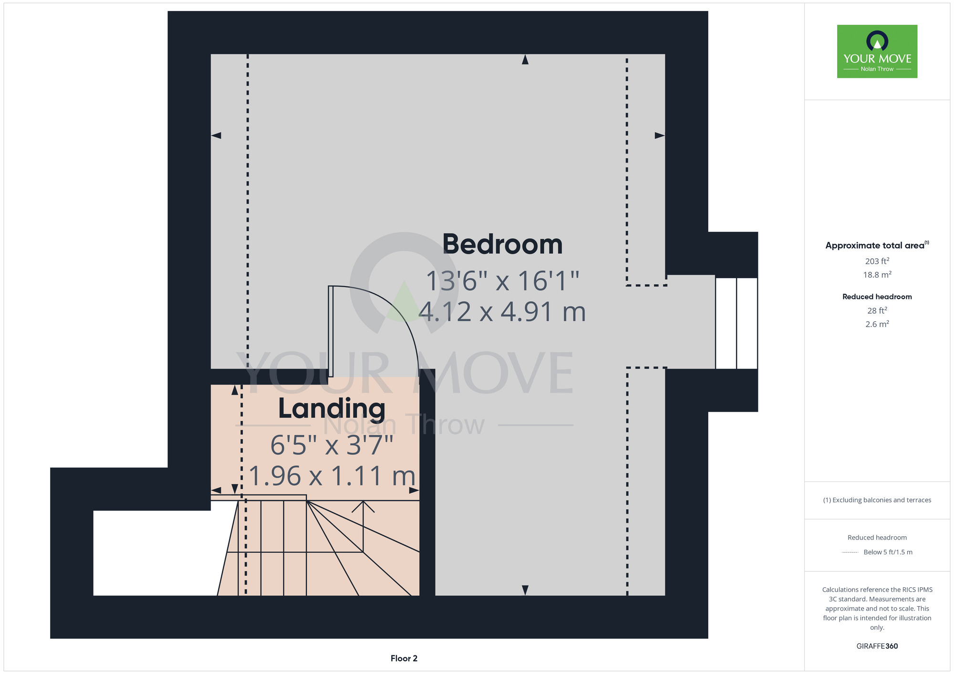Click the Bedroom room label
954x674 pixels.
(502, 245)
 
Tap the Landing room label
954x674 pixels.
(332, 408)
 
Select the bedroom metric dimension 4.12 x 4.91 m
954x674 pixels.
(502, 312)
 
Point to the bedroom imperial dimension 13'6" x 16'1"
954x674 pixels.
(502, 281)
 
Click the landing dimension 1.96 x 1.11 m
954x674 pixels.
(332, 476)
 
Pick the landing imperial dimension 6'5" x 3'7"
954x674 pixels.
(332, 445)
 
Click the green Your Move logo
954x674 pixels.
(877, 51)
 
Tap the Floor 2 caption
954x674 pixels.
(404, 658)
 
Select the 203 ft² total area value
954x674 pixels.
(877, 261)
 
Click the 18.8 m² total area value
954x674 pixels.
(877, 275)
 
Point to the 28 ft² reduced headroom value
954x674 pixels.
(877, 310)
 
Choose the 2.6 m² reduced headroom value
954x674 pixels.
(877, 324)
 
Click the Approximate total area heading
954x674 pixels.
(877, 245)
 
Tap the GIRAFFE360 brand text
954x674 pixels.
(877, 646)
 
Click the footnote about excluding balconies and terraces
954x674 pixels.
(877, 500)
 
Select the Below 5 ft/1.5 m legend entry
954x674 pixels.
(888, 552)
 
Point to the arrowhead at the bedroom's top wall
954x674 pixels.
(525, 59)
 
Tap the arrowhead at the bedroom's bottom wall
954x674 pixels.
(525, 590)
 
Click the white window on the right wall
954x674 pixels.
(736, 323)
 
